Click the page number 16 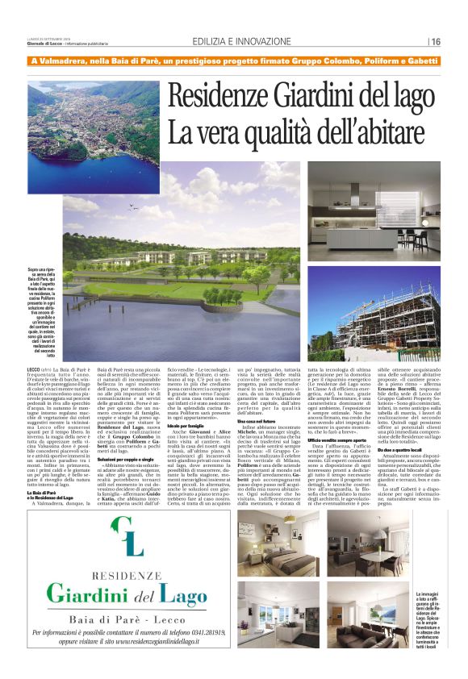pos(435,41)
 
